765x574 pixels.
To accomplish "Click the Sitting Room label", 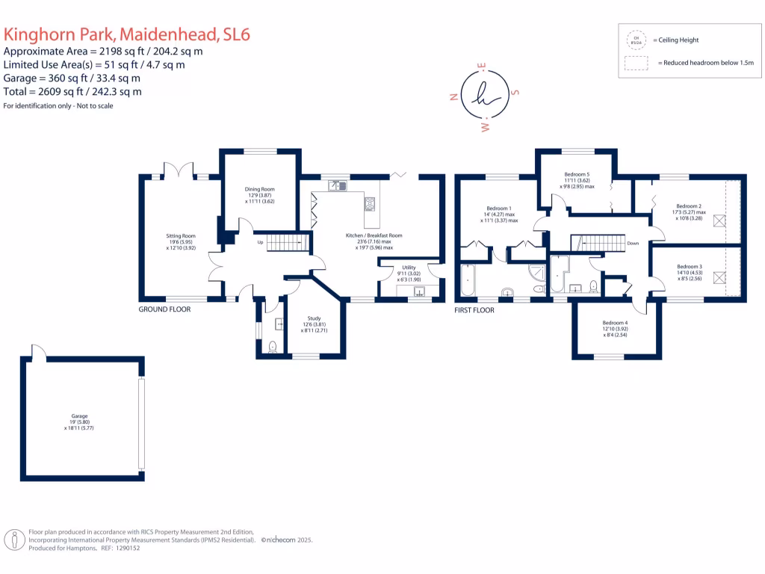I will coord(180,236).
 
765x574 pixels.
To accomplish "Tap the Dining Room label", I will coord(260,190).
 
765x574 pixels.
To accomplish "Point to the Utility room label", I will coord(409,267).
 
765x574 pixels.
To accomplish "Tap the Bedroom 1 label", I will coord(499,208).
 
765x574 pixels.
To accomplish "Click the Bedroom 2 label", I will coord(689,206).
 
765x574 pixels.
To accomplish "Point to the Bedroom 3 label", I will coord(690,267).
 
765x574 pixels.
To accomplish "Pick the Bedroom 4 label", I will coord(616,323).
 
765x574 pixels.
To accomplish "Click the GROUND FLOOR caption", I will coord(164,309).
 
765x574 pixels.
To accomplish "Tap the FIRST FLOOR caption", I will coord(474,309).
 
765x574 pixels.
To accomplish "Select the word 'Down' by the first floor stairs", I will coord(633,243).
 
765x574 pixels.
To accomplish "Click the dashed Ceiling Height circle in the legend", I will coord(637,40).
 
